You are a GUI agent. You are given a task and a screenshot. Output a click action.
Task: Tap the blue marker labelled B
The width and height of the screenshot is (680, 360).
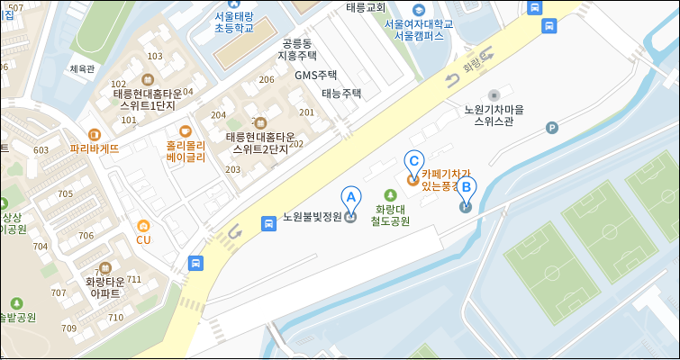point(466,191)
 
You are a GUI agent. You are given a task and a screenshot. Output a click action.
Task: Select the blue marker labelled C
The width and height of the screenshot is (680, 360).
point(413,163)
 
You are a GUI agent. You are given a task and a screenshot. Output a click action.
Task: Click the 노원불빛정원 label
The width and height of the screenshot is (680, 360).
point(313,217)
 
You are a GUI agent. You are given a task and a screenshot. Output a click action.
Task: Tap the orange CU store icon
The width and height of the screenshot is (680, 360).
point(143,227)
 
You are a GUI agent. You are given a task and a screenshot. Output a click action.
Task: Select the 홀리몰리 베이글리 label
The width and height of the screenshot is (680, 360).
point(186,150)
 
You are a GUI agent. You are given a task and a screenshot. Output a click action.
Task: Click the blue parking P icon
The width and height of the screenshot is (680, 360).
point(552,128)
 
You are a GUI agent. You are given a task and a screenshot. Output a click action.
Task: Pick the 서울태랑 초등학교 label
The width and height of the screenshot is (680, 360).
point(232,22)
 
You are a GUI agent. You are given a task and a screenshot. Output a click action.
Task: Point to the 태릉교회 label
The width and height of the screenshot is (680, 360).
point(366,6)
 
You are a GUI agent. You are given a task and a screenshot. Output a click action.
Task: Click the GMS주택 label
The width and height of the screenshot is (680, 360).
point(315,75)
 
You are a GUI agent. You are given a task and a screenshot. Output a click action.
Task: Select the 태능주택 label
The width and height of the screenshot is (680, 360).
point(341,93)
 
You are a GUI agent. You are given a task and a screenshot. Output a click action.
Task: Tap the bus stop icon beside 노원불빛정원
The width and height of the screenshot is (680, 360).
point(267,223)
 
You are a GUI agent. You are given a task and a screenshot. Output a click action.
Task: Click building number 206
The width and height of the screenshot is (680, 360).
point(266,79)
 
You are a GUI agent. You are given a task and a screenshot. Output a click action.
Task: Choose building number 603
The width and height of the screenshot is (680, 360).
point(41,150)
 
